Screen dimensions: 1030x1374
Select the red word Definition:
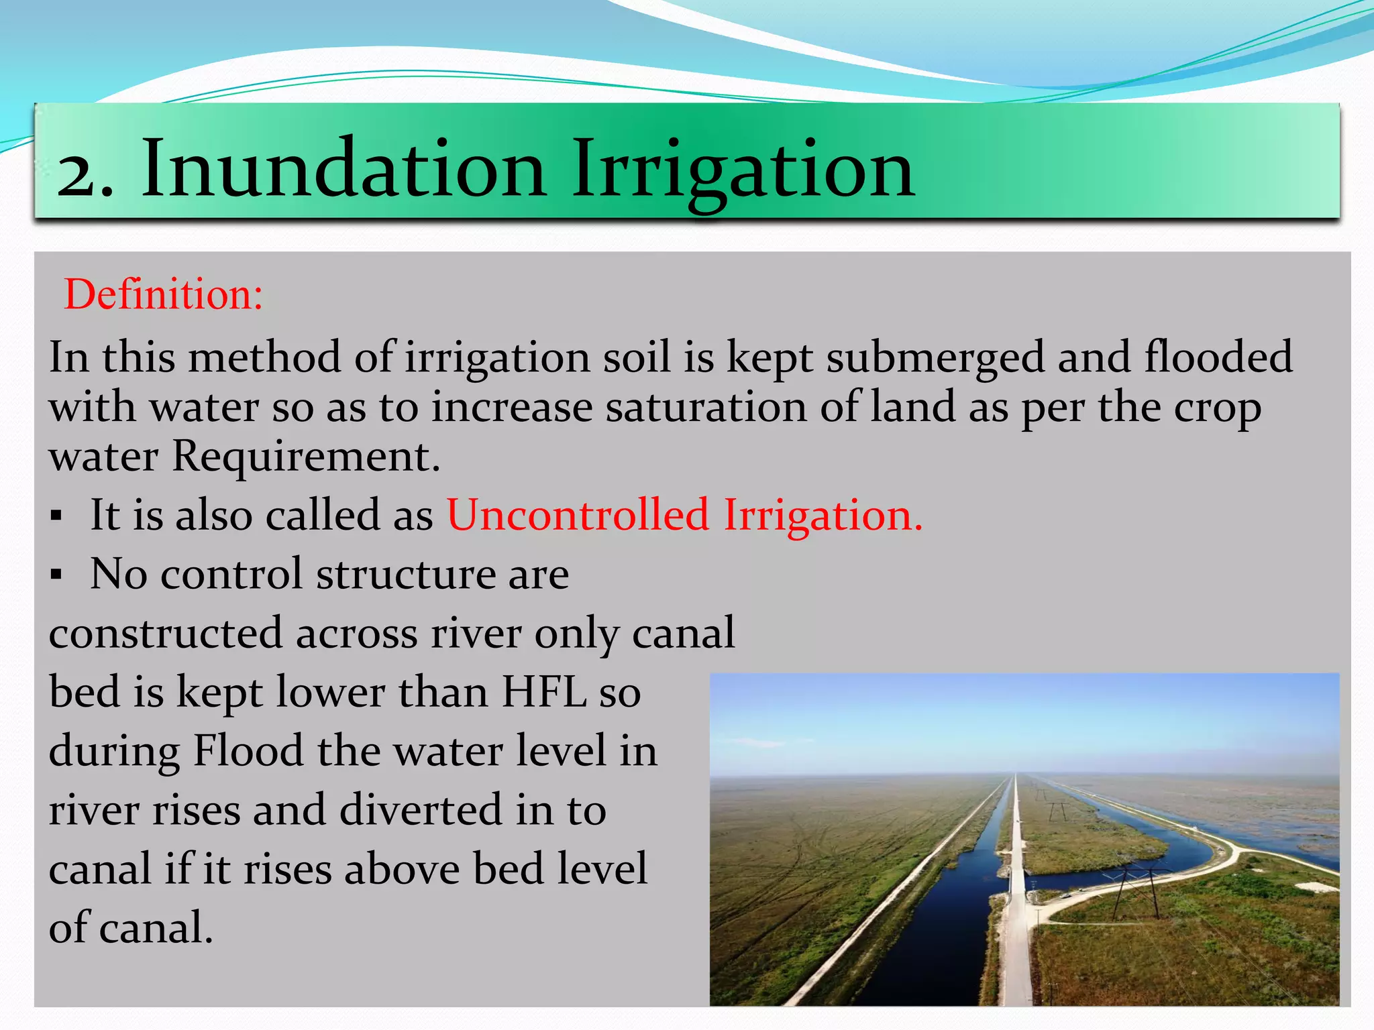click(x=163, y=294)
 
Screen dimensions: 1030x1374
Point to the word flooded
click(x=1218, y=356)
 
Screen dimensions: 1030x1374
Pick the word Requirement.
click(x=306, y=457)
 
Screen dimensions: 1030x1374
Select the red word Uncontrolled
click(x=578, y=515)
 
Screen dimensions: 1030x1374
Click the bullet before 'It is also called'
click(x=56, y=516)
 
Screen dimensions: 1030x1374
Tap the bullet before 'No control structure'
click(x=56, y=575)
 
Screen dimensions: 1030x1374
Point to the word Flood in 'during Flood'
click(x=248, y=750)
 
